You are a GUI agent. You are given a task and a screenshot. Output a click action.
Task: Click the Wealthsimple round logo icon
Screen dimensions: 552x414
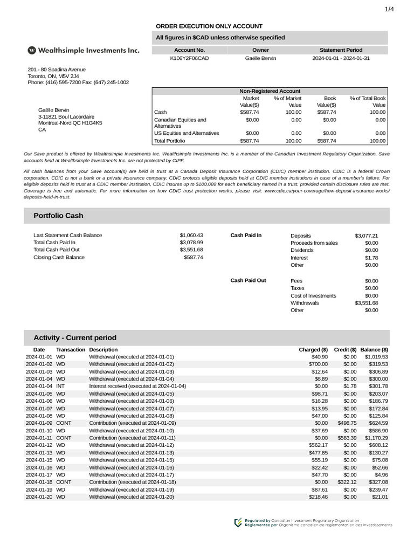pyautogui.click(x=32, y=50)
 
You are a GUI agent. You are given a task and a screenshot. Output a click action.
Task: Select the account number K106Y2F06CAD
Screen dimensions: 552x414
pyautogui.click(x=189, y=58)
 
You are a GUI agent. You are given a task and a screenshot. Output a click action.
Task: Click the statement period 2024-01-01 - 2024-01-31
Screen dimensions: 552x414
pyautogui.click(x=341, y=58)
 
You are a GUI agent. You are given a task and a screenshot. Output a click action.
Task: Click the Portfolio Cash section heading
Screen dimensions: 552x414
pyautogui.click(x=58, y=216)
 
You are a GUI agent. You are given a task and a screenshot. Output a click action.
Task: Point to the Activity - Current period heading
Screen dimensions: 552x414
pyautogui.click(x=74, y=338)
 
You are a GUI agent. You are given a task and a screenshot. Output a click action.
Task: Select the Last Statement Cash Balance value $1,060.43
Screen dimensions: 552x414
pyautogui.click(x=191, y=236)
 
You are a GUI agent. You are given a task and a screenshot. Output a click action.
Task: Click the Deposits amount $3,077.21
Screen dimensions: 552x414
pyautogui.click(x=367, y=236)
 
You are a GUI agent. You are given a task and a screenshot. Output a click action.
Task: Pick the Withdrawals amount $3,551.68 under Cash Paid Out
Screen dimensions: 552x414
pyautogui.click(x=367, y=303)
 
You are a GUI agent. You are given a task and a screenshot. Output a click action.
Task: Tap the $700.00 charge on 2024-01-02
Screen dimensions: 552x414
pyautogui.click(x=318, y=364)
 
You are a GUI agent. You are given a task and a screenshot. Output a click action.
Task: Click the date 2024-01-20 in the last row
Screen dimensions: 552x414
pyautogui.click(x=39, y=497)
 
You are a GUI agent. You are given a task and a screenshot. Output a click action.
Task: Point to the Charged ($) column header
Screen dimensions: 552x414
pyautogui.click(x=313, y=349)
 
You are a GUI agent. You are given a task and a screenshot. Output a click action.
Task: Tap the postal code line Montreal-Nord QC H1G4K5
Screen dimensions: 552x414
pyautogui.click(x=70, y=123)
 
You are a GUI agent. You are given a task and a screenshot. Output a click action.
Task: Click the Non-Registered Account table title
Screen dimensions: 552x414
pyautogui.click(x=270, y=91)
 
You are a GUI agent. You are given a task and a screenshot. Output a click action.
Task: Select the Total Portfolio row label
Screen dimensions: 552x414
pyautogui.click(x=169, y=141)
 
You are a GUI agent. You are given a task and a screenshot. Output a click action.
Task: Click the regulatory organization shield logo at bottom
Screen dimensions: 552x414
pyautogui.click(x=238, y=522)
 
